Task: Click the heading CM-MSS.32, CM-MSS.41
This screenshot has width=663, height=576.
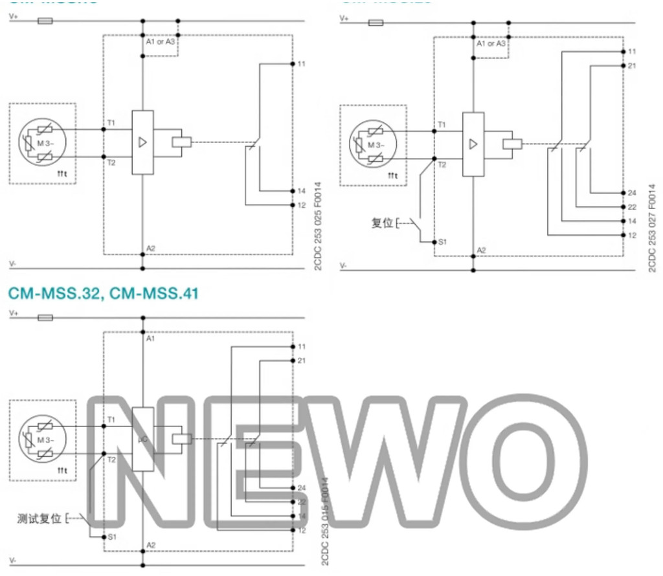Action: (103, 293)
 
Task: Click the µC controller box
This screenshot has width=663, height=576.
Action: (143, 439)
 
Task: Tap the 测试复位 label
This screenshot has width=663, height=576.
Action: (39, 518)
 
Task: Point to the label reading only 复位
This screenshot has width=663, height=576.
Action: (382, 224)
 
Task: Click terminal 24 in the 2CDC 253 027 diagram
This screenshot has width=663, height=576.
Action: (632, 193)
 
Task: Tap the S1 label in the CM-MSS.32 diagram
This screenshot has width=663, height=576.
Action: (112, 537)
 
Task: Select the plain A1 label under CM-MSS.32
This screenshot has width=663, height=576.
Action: (151, 338)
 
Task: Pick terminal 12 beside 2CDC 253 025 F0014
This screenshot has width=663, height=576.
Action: (302, 205)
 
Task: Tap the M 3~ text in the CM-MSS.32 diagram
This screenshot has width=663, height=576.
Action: (45, 440)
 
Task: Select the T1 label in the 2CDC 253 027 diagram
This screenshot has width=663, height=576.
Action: (442, 124)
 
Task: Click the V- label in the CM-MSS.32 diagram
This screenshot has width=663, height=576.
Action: (12, 558)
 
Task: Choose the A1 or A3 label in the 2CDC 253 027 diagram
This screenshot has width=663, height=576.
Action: (491, 44)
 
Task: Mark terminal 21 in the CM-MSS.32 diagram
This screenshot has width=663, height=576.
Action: (302, 360)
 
